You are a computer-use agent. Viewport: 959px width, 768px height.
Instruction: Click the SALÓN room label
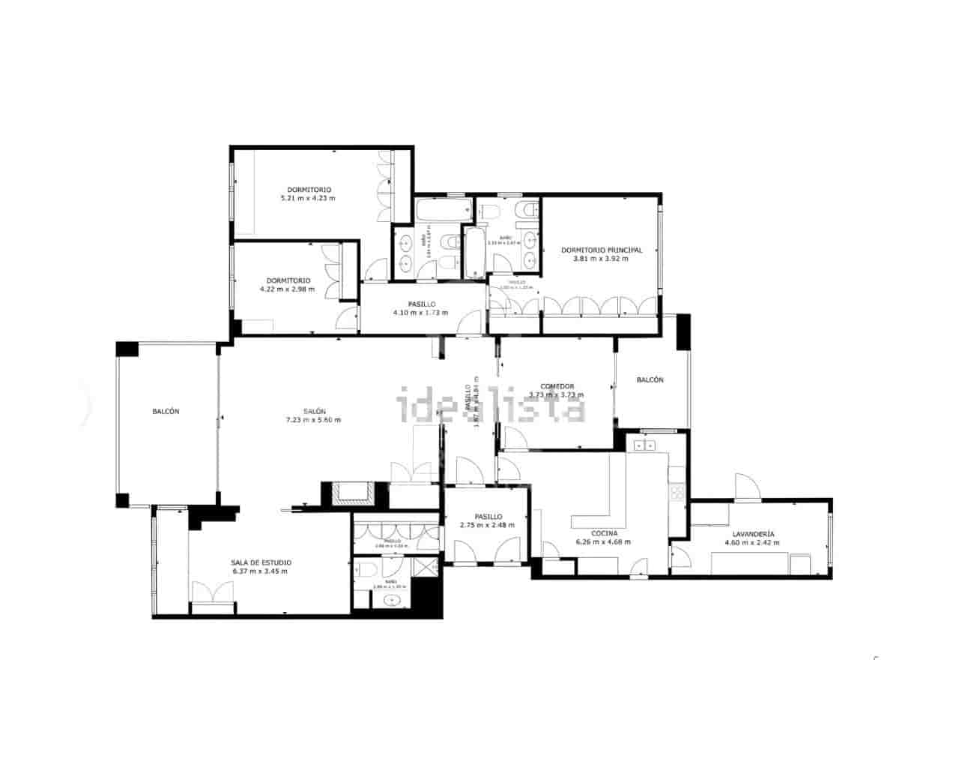tap(314, 411)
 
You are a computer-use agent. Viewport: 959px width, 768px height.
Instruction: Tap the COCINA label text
tap(604, 532)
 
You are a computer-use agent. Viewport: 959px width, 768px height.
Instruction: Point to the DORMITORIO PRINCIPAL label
tap(602, 250)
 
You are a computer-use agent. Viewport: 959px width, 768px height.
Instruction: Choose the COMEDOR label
tap(557, 386)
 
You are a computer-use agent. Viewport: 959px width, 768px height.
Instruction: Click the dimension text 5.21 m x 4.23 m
tap(308, 199)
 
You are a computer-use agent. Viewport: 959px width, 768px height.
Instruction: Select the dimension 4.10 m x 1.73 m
tap(420, 313)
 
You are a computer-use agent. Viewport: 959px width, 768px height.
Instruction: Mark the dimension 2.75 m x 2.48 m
tap(488, 525)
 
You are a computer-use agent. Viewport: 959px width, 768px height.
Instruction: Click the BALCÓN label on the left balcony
tap(166, 411)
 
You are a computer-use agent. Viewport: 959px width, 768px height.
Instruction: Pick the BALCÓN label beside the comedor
tap(650, 379)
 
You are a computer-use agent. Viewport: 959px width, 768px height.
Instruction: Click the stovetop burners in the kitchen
tap(677, 491)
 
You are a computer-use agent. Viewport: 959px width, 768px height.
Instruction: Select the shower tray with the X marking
tap(425, 567)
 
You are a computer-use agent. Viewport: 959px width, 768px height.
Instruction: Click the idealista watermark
tap(491, 406)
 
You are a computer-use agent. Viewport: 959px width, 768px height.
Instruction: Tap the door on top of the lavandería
tap(748, 488)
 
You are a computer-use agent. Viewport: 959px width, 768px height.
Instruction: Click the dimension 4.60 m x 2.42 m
tap(752, 542)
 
